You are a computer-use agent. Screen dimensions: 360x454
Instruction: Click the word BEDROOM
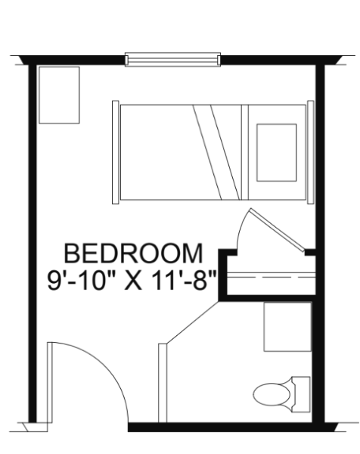click(133, 253)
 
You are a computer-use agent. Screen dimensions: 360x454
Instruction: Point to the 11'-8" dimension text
click(183, 280)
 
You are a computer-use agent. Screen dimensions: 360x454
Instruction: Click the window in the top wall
click(172, 60)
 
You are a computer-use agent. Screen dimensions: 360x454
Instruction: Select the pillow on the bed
click(277, 153)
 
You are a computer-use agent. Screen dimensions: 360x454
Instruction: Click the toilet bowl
click(272, 394)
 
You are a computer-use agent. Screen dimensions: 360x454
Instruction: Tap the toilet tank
click(301, 394)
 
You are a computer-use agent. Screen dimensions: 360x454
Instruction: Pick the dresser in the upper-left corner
click(59, 95)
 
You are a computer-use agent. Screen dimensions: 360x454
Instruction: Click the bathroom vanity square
click(287, 327)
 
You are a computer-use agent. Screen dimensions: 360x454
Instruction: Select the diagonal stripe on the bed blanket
click(216, 152)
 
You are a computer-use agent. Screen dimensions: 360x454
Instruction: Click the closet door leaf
click(277, 230)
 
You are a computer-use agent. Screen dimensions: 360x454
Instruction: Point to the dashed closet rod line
click(271, 277)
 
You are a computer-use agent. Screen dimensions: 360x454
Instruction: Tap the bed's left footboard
click(116, 152)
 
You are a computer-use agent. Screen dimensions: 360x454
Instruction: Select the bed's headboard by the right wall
click(311, 152)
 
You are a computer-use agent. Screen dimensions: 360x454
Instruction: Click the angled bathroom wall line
click(192, 322)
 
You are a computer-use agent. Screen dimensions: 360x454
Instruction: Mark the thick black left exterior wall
click(33, 243)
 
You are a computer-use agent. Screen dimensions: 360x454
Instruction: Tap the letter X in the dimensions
click(133, 281)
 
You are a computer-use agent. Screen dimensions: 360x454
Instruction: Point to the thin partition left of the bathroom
click(163, 383)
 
